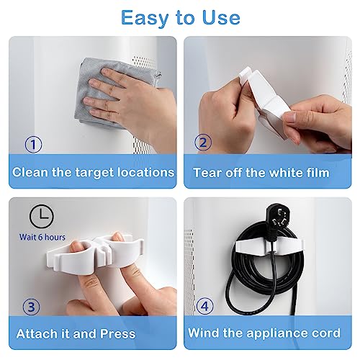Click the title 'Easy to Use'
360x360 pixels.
tap(180, 17)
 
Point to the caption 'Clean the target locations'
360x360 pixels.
tap(94, 173)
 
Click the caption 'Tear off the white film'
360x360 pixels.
tap(261, 173)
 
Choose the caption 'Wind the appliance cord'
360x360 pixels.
tap(265, 334)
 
